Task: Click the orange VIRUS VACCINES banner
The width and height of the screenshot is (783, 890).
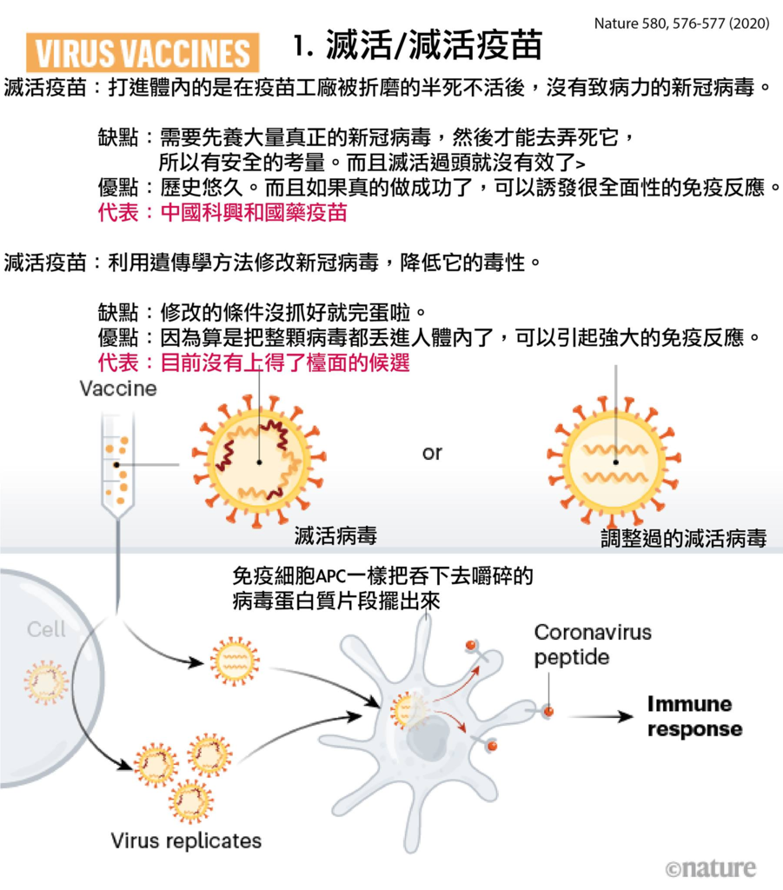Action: (143, 53)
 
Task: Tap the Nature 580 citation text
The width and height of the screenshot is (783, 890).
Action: (681, 23)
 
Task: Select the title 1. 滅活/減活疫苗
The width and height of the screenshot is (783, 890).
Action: (418, 45)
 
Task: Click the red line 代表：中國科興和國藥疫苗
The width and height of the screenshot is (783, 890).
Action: (222, 212)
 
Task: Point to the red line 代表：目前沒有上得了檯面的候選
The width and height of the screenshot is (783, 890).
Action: (254, 362)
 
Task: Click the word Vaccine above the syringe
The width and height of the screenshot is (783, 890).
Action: (118, 389)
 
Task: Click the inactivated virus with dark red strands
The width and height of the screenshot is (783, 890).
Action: (259, 461)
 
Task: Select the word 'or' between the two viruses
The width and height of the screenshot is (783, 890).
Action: (432, 453)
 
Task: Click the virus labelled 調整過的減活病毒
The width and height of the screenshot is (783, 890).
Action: (614, 462)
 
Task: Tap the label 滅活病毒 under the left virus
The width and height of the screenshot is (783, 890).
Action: (335, 535)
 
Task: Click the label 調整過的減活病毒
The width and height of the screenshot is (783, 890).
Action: (684, 537)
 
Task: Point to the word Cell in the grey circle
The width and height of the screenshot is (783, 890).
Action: (46, 629)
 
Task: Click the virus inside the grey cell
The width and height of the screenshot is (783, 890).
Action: (46, 681)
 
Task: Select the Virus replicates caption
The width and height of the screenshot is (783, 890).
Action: (186, 840)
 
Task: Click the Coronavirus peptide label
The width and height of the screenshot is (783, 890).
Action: (593, 645)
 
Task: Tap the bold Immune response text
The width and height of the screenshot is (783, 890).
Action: (694, 716)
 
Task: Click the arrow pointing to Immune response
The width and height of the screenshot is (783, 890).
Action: (601, 717)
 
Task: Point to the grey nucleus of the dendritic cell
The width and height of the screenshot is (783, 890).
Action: (428, 739)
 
